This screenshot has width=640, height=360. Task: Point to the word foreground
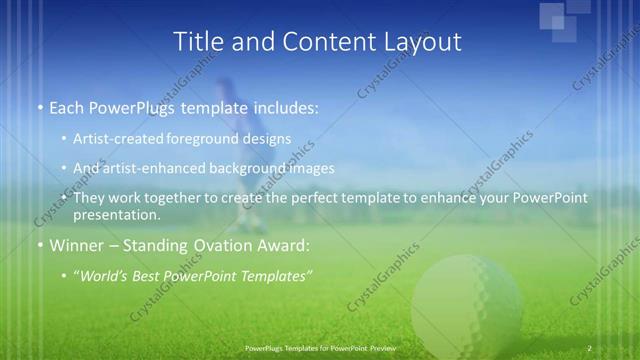click(213, 139)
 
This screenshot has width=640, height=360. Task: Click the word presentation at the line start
click(116, 215)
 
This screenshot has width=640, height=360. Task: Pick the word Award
click(284, 245)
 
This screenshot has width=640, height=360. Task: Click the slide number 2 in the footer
click(590, 348)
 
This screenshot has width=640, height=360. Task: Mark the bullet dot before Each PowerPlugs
click(40, 107)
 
